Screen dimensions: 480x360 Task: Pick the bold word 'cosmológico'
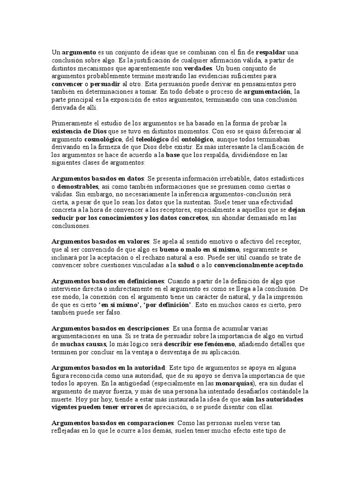(x=103, y=140)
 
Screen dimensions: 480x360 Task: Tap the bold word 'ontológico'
(x=197, y=140)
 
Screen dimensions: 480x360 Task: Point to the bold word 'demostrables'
(x=78, y=187)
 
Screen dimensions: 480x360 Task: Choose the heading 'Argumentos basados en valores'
(x=100, y=241)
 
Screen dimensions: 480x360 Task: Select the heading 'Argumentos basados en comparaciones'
(x=112, y=423)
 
